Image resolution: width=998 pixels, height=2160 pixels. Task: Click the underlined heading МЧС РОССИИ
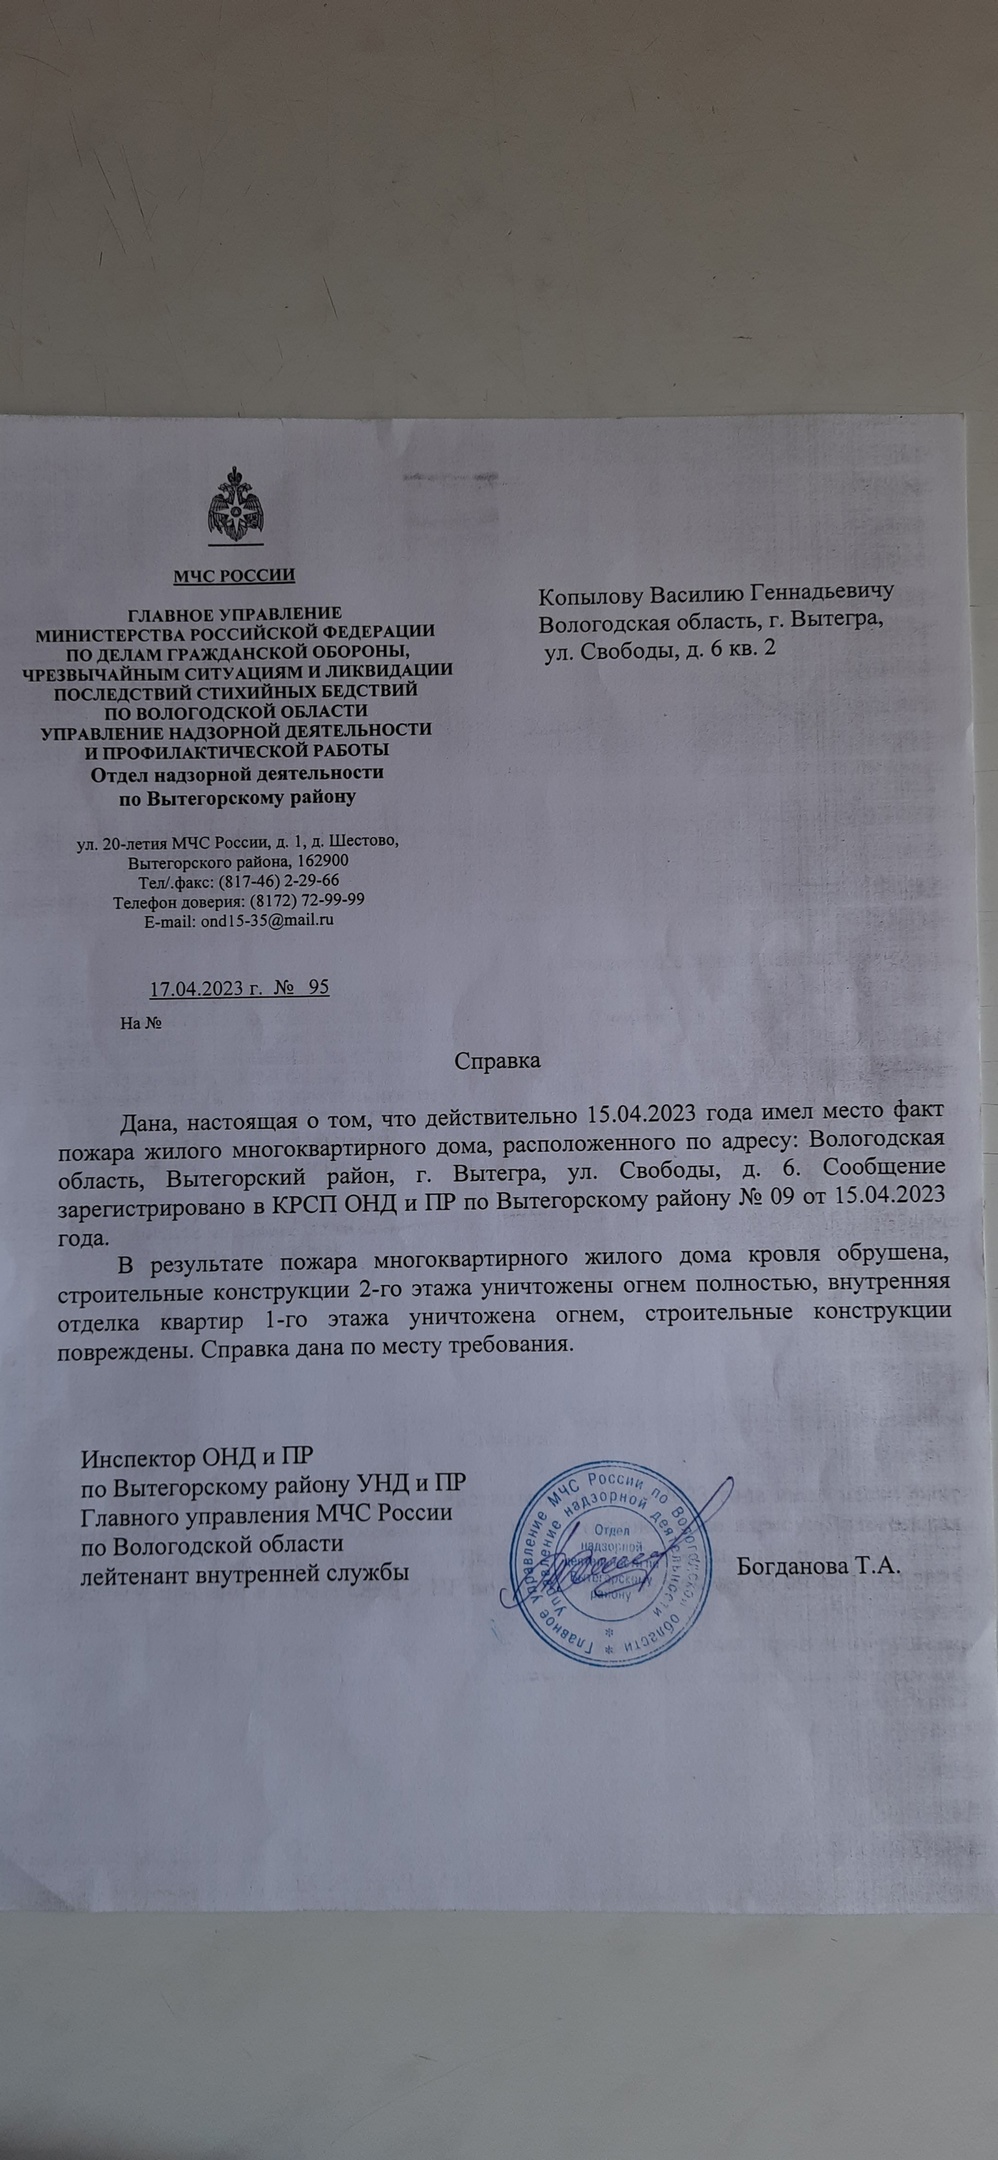(235, 574)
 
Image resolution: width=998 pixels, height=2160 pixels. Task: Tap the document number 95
(318, 988)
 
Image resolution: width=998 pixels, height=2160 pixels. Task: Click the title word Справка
(497, 1061)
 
